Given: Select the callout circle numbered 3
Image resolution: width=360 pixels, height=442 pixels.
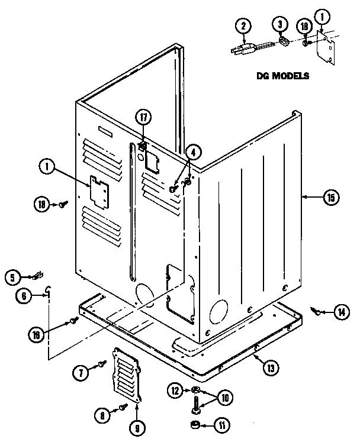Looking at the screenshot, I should tap(281, 26).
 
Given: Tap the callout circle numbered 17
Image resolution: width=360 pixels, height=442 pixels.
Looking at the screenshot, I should tap(143, 117).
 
